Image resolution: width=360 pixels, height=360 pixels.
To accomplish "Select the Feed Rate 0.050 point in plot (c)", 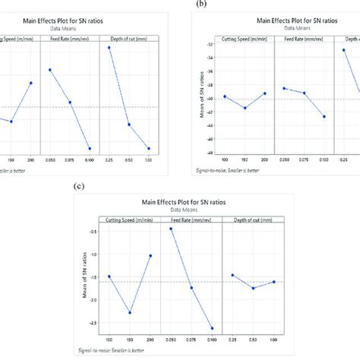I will tap(171, 229).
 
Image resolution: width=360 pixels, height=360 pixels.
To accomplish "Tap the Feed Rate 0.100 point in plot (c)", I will tap(212, 328).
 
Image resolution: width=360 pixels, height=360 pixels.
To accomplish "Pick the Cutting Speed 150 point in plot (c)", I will tap(130, 313).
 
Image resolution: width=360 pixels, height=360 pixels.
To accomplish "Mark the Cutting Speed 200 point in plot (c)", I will tap(150, 255).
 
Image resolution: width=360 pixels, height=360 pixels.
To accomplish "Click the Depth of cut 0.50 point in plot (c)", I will tap(253, 288).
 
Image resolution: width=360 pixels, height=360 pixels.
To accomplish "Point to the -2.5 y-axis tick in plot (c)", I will tap(96, 323).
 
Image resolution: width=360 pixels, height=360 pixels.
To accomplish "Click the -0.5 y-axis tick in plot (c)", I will tap(96, 232).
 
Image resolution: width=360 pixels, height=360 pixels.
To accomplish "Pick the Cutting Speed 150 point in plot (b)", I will tap(245, 108).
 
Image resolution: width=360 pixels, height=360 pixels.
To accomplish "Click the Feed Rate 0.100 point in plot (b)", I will tap(324, 116).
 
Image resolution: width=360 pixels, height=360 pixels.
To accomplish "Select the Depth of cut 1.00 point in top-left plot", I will tap(149, 148).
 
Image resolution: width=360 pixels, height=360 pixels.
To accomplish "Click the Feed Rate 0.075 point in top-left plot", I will tap(70, 102).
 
